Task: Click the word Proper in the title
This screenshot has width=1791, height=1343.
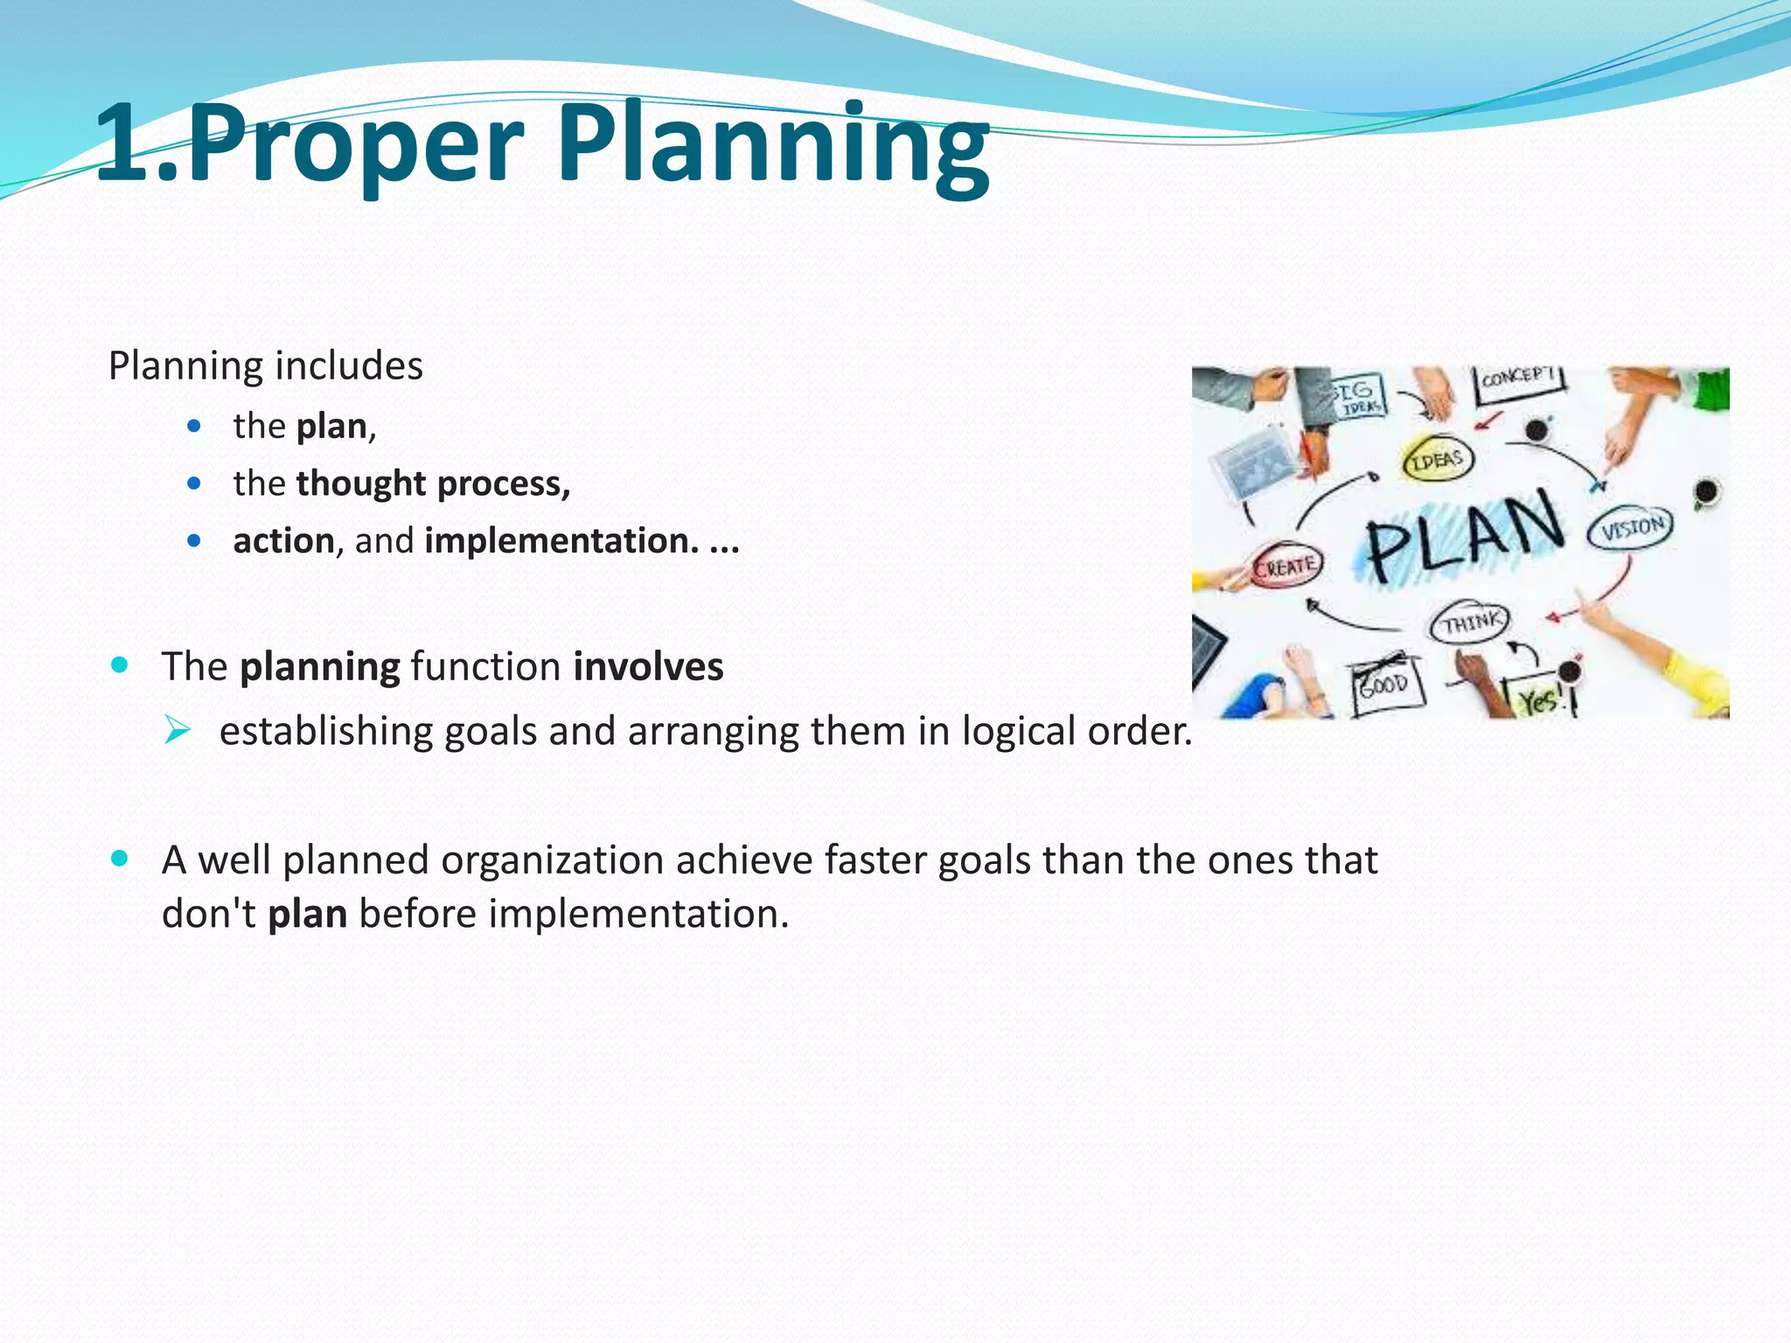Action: click(x=354, y=144)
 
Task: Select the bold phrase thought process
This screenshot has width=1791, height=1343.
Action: click(x=433, y=484)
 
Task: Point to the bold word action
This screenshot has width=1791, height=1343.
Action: click(x=283, y=541)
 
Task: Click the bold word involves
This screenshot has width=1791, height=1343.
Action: click(x=648, y=667)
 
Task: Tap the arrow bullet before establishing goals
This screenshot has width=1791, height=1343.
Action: click(x=178, y=729)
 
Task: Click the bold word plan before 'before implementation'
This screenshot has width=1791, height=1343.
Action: click(x=307, y=915)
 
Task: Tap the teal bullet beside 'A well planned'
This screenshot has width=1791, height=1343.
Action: click(x=121, y=859)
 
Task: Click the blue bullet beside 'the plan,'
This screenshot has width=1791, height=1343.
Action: click(x=194, y=427)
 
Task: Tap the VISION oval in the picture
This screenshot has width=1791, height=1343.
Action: click(x=1632, y=528)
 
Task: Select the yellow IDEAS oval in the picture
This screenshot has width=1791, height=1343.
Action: click(x=1437, y=459)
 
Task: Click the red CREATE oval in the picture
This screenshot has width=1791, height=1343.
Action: click(x=1285, y=567)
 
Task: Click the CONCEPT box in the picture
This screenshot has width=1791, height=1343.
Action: click(x=1519, y=382)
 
